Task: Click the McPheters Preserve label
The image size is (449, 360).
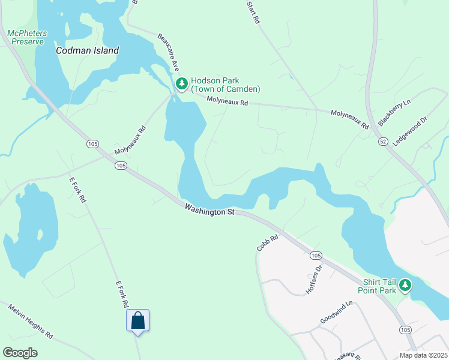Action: pyautogui.click(x=26, y=37)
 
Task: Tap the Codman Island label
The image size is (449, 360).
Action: pyautogui.click(x=87, y=51)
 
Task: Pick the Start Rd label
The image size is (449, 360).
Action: pyautogui.click(x=253, y=12)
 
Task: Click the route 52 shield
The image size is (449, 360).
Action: pyautogui.click(x=383, y=140)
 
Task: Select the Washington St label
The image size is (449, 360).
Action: pyautogui.click(x=209, y=210)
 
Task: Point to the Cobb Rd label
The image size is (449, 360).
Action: pyautogui.click(x=268, y=243)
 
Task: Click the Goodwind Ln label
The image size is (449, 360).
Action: pyautogui.click(x=336, y=313)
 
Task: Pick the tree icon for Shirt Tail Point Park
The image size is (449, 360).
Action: pyautogui.click(x=406, y=284)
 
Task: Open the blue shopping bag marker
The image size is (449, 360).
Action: pyautogui.click(x=137, y=320)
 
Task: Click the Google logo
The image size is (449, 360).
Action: pyautogui.click(x=20, y=353)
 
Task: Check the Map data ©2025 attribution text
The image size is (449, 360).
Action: pyautogui.click(x=423, y=355)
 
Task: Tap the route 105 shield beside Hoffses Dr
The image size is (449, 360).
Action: pyautogui.click(x=316, y=256)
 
